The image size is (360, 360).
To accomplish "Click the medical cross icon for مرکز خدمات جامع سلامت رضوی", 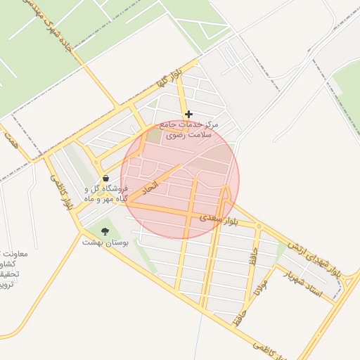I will (x=188, y=114).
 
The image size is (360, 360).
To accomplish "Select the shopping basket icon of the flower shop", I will (x=105, y=179).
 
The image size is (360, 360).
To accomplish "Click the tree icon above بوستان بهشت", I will (x=105, y=231).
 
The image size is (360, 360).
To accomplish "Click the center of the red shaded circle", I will (x=180, y=180).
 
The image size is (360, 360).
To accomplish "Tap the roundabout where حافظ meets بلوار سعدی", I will (x=258, y=226).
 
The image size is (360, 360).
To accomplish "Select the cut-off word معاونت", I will (x=8, y=253).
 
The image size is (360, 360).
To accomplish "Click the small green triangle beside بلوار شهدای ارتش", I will (x=281, y=249).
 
